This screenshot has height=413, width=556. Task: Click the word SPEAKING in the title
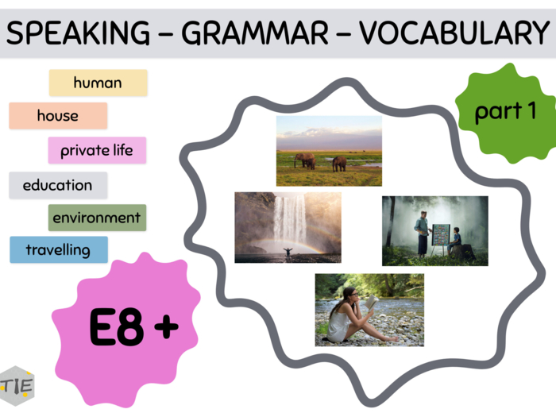pyautogui.click(x=77, y=33)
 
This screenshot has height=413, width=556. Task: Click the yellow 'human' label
pyautogui.click(x=98, y=83)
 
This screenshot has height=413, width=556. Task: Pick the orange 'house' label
pyautogui.click(x=58, y=116)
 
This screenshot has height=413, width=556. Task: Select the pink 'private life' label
pyautogui.click(x=97, y=150)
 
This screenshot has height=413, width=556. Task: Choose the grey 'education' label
pyautogui.click(x=58, y=185)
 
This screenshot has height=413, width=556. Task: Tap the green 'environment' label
pyautogui.click(x=97, y=218)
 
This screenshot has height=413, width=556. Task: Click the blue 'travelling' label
pyautogui.click(x=58, y=250)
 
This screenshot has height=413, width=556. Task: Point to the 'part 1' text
pyautogui.click(x=505, y=112)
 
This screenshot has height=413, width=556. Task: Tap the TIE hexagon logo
pyautogui.click(x=17, y=386)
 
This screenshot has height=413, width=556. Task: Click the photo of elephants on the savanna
pyautogui.click(x=329, y=151)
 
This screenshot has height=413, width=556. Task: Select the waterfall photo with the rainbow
pyautogui.click(x=288, y=227)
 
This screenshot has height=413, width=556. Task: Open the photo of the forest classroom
pyautogui.click(x=434, y=231)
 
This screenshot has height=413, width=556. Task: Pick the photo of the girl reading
pyautogui.click(x=369, y=310)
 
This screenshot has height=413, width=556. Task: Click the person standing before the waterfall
pyautogui.click(x=286, y=253)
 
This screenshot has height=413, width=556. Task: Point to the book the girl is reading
pyautogui.click(x=369, y=303)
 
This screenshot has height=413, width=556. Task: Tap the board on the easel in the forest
pyautogui.click(x=441, y=235)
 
